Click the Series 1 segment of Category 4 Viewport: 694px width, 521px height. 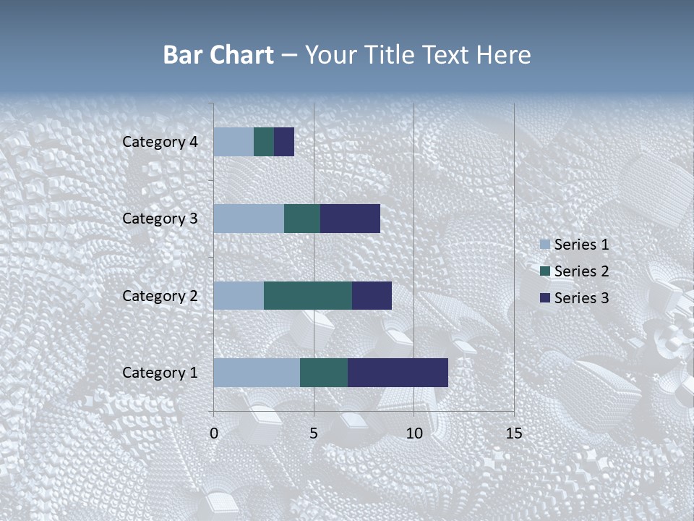pos(234,142)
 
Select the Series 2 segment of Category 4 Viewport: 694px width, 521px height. pos(264,142)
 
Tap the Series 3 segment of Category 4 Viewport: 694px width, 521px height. pos(284,142)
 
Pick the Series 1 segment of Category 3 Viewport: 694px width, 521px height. pos(249,219)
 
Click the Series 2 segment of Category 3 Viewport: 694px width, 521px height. pos(302,219)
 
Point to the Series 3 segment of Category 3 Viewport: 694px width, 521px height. pos(350,219)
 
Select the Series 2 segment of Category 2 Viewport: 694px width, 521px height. pos(308,295)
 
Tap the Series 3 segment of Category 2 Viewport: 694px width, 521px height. pos(372,295)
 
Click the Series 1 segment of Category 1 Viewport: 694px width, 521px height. pos(257,373)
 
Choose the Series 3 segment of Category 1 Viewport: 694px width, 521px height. pos(398,373)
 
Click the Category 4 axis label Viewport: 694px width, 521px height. pos(160,142)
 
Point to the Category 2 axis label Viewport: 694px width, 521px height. pos(160,296)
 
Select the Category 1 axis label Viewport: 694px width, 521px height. pos(160,373)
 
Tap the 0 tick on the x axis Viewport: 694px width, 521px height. pos(214,433)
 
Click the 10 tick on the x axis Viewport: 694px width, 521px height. pos(414,433)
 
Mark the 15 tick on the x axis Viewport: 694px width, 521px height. pos(513,433)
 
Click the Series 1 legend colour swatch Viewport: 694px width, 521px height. pos(544,245)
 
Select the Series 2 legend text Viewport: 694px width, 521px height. pos(581,271)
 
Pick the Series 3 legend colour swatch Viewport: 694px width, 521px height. pos(544,298)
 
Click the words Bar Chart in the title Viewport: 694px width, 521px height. pos(218,55)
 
